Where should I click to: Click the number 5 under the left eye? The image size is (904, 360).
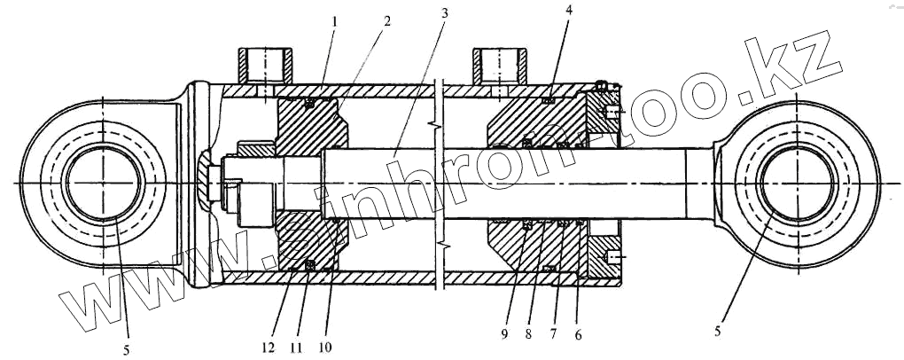click(127, 349)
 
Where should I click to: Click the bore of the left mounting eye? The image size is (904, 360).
click(104, 184)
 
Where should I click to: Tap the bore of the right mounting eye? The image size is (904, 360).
click(796, 184)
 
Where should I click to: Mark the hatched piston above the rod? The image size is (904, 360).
click(310, 124)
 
